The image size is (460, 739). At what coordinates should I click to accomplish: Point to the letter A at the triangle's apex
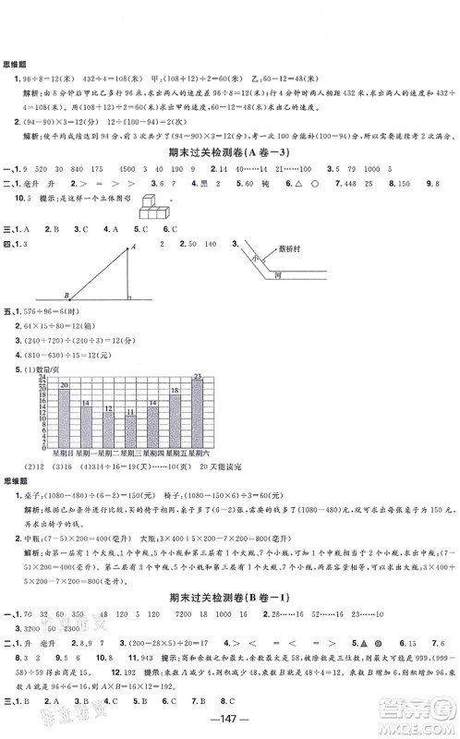(133, 246)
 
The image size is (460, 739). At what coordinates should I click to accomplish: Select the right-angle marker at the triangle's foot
(127, 297)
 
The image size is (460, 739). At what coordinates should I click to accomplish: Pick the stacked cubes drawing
(154, 211)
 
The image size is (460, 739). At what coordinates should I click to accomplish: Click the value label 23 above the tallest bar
(197, 375)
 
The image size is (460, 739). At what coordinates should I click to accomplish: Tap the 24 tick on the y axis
(42, 379)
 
